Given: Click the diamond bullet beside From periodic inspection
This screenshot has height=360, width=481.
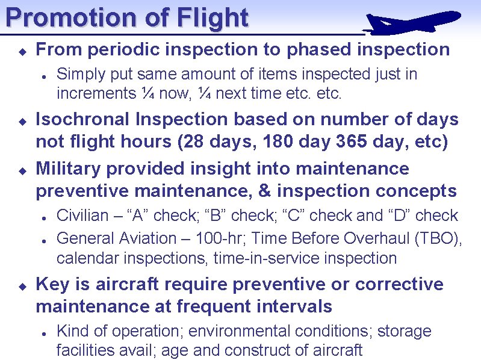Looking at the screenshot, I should tap(20, 50).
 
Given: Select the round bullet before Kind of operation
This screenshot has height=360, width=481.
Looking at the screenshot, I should tap(44, 332).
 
